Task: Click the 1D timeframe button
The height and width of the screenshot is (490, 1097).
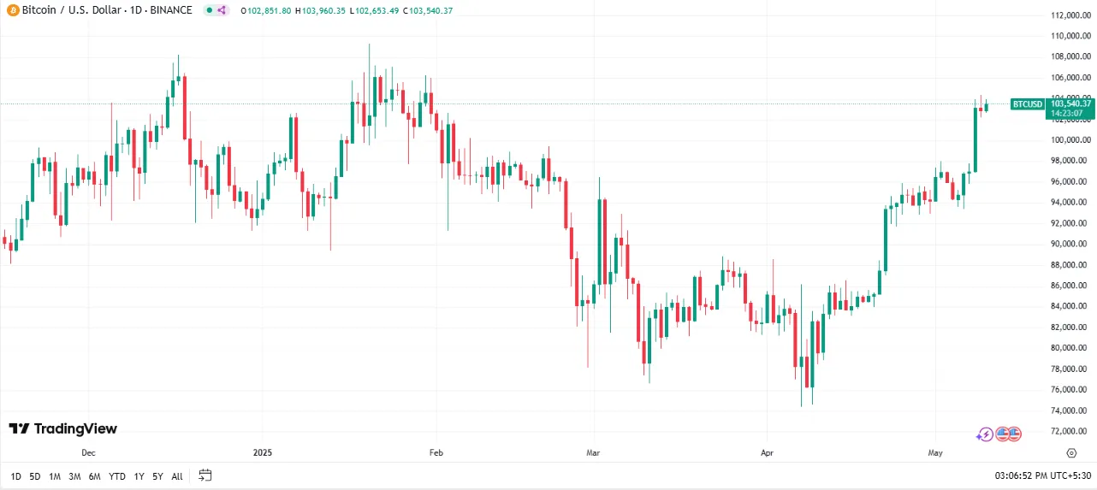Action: [x=16, y=475]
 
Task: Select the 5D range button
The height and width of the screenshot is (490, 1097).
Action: [x=35, y=475]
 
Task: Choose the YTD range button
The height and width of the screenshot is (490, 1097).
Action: [x=117, y=475]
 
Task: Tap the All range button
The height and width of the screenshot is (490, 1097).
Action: [x=177, y=475]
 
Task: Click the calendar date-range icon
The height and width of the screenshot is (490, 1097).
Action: [x=205, y=475]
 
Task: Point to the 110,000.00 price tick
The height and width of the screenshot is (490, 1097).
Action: [x=1070, y=36]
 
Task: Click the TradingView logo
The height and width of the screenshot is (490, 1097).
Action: [x=62, y=428]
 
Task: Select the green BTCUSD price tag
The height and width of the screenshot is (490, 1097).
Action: [x=1028, y=104]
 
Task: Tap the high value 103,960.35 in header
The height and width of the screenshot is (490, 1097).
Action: [x=323, y=10]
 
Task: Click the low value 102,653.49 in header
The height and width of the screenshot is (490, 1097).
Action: [x=377, y=10]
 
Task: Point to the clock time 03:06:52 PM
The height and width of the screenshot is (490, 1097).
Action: [x=1019, y=475]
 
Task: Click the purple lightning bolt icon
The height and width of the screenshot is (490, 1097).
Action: [x=985, y=434]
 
